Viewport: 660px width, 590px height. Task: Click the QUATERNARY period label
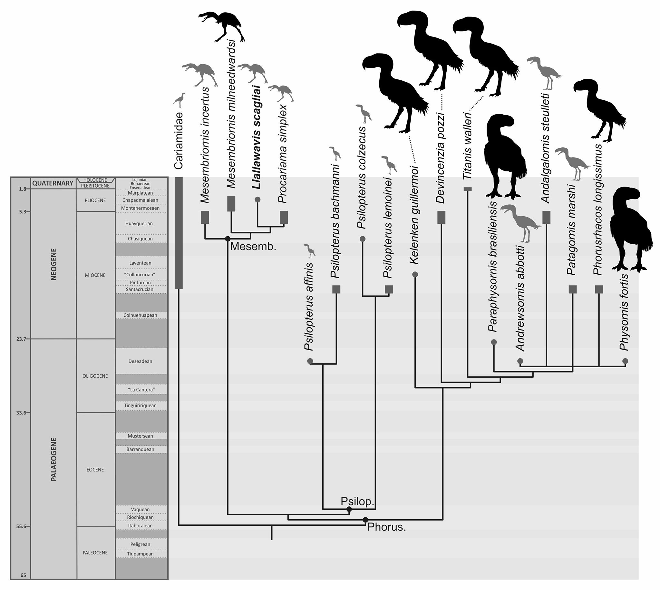click(x=53, y=183)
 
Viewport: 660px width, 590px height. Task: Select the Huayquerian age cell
click(x=139, y=223)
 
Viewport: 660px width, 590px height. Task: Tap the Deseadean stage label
click(x=140, y=361)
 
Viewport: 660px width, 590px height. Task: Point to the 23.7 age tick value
click(x=21, y=339)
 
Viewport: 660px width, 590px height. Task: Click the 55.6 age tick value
click(x=21, y=526)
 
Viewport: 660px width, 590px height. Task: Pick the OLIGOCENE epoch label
click(x=95, y=376)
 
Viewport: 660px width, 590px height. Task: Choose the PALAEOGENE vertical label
click(x=54, y=459)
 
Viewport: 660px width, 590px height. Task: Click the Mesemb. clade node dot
click(x=228, y=239)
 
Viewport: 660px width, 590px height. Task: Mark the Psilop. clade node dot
click(x=349, y=509)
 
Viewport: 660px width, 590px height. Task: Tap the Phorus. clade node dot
click(x=365, y=520)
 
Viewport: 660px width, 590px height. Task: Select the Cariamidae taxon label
click(x=178, y=140)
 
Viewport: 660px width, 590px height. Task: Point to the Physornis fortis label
click(x=624, y=312)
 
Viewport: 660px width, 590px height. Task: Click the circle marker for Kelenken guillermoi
click(x=415, y=275)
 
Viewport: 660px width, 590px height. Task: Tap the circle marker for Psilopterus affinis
click(x=310, y=361)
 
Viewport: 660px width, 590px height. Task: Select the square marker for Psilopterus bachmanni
click(x=336, y=290)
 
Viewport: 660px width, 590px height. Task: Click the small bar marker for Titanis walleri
click(x=468, y=189)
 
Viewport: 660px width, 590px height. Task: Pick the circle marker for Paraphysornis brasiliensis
click(x=494, y=342)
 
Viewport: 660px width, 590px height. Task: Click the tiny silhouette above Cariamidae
click(x=179, y=100)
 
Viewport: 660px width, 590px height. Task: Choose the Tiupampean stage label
click(x=140, y=554)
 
